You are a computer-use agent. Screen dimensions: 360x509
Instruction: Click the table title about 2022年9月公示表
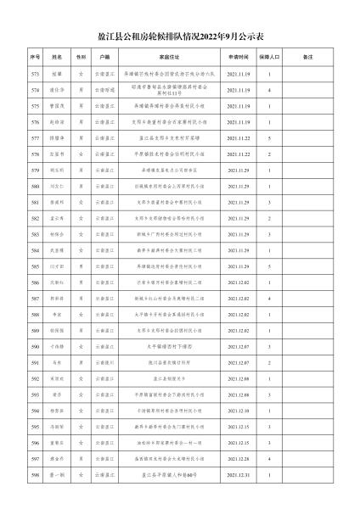coord(180,38)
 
